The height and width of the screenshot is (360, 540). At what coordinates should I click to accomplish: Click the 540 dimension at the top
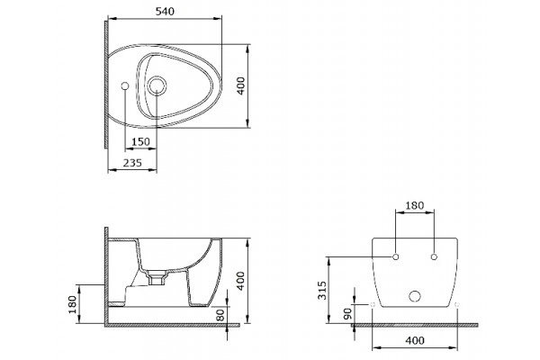[x=165, y=12]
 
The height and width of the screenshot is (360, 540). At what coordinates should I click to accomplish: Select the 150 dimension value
[x=141, y=141]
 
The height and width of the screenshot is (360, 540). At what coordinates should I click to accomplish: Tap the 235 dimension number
[x=132, y=163]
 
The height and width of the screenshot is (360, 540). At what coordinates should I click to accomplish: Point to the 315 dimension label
[x=322, y=291]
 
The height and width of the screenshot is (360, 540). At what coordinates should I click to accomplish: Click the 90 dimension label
[x=347, y=313]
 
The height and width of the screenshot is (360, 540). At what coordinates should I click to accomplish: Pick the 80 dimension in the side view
[x=220, y=314]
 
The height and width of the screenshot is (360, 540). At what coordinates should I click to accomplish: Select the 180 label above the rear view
[x=414, y=206]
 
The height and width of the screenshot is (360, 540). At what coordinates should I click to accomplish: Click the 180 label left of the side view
[x=72, y=304]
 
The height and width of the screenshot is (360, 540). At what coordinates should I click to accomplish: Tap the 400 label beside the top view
[x=240, y=85]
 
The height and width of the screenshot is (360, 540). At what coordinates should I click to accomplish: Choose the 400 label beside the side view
[x=240, y=281]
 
